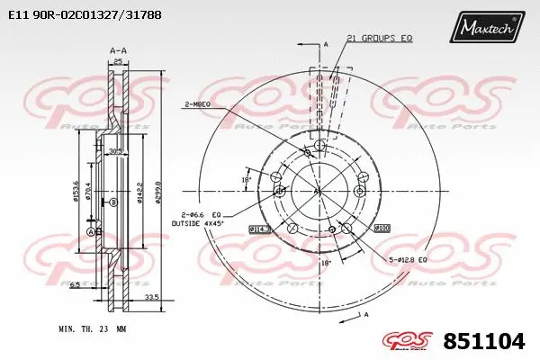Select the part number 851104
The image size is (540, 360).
pyautogui.click(x=485, y=341)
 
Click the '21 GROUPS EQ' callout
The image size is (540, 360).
pyautogui.click(x=379, y=38)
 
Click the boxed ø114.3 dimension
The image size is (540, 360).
pyautogui.click(x=259, y=229)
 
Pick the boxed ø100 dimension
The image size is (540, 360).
pyautogui.click(x=382, y=228)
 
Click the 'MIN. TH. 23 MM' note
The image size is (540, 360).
pyautogui.click(x=92, y=329)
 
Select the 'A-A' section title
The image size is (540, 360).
pyautogui.click(x=116, y=51)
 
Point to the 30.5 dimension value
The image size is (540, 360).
pyautogui.click(x=114, y=151)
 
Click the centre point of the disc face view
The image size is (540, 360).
pyautogui.click(x=318, y=190)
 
